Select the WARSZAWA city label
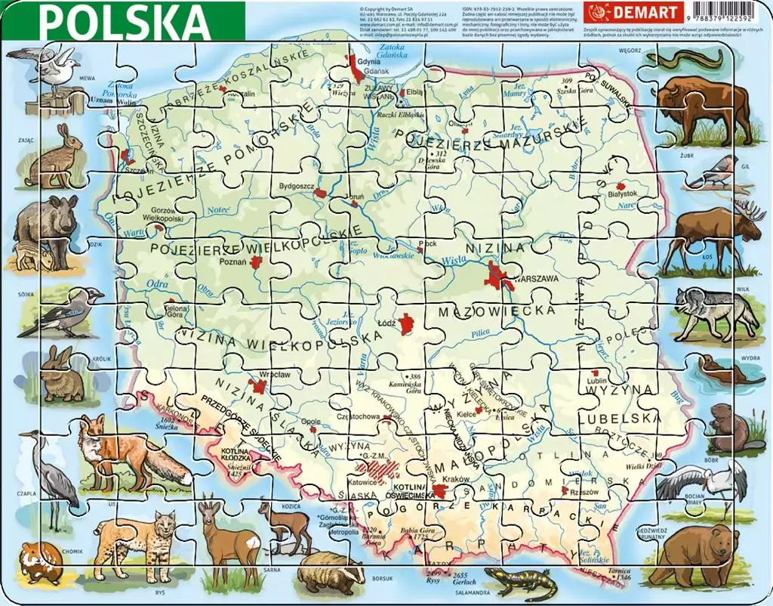point(535,279)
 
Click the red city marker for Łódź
point(408,324)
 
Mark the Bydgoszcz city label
point(295,184)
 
